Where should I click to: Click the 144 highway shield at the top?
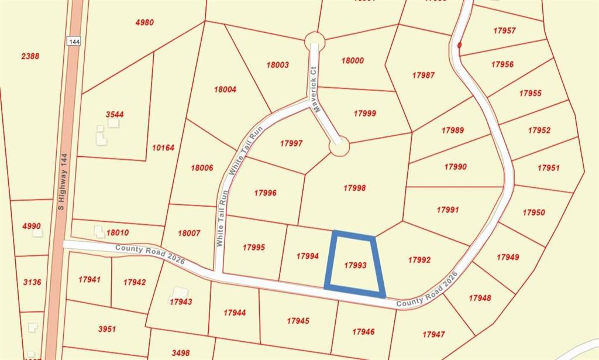point(74,42)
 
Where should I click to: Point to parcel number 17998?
point(354,188)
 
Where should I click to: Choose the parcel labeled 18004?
point(225,90)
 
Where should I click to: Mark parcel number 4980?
point(144,23)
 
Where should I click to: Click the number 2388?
point(30,56)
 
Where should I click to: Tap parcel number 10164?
point(163,148)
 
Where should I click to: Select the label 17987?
point(423,76)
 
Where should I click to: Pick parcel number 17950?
point(533,212)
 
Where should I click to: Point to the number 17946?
point(363,332)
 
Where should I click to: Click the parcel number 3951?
point(106,329)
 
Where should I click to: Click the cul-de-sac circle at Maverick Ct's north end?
point(315,41)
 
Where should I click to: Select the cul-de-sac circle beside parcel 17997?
point(339,146)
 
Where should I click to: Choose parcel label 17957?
point(504,30)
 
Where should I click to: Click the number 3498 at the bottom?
point(181,353)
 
